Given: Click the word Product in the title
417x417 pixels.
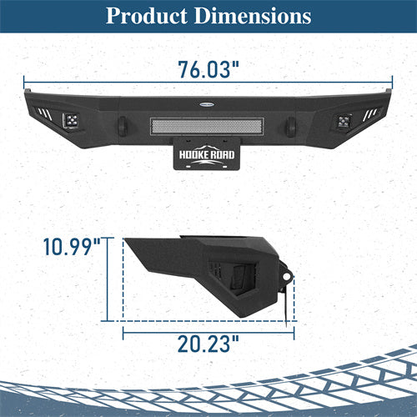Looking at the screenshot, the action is pyautogui.click(x=147, y=16).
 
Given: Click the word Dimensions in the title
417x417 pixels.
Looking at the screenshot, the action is pyautogui.click(x=253, y=16).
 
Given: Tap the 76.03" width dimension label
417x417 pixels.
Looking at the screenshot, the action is pyautogui.click(x=208, y=69).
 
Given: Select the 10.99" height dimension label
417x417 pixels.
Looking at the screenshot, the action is pyautogui.click(x=72, y=247).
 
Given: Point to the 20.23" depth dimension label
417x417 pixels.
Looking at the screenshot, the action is pyautogui.click(x=208, y=344).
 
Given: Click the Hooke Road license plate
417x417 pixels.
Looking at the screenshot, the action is pyautogui.click(x=207, y=153).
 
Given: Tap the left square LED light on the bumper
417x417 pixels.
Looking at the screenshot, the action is pyautogui.click(x=70, y=121).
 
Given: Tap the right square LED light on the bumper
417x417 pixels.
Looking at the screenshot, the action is pyautogui.click(x=344, y=121).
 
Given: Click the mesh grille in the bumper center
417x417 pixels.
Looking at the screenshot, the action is pyautogui.click(x=207, y=127).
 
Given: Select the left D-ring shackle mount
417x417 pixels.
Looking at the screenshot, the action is pyautogui.click(x=123, y=126).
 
